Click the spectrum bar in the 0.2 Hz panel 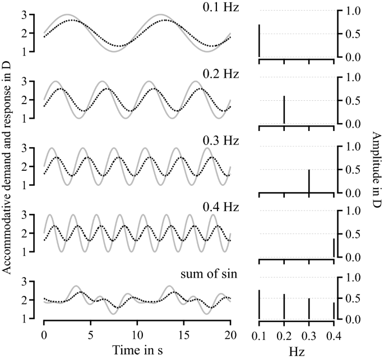(284, 110)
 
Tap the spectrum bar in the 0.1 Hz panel (260, 41)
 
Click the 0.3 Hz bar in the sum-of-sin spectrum (309, 308)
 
